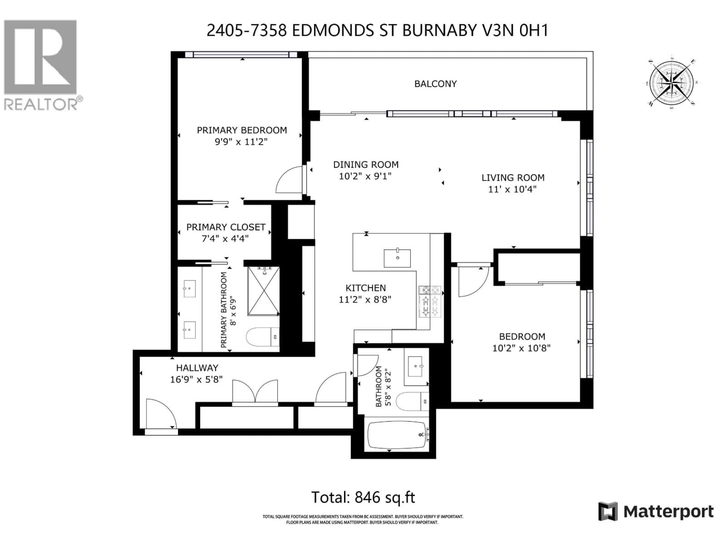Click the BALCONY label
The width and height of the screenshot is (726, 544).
click(x=435, y=84)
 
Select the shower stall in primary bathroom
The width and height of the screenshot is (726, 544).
click(x=264, y=291)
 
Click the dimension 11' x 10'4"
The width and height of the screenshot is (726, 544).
click(x=512, y=189)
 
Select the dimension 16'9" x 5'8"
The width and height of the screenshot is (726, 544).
click(x=196, y=379)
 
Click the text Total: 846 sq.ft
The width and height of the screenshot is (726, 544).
click(x=363, y=497)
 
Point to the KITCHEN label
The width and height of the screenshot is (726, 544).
click(x=365, y=288)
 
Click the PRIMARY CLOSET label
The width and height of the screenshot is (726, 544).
click(x=226, y=227)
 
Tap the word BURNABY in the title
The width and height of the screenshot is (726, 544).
click(x=439, y=31)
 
